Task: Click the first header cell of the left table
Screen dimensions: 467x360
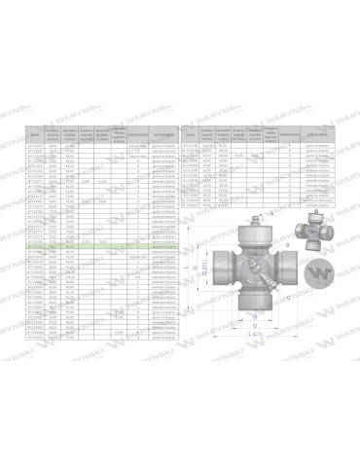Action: pyautogui.click(x=36, y=133)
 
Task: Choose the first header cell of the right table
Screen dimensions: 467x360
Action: pyautogui.click(x=192, y=133)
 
